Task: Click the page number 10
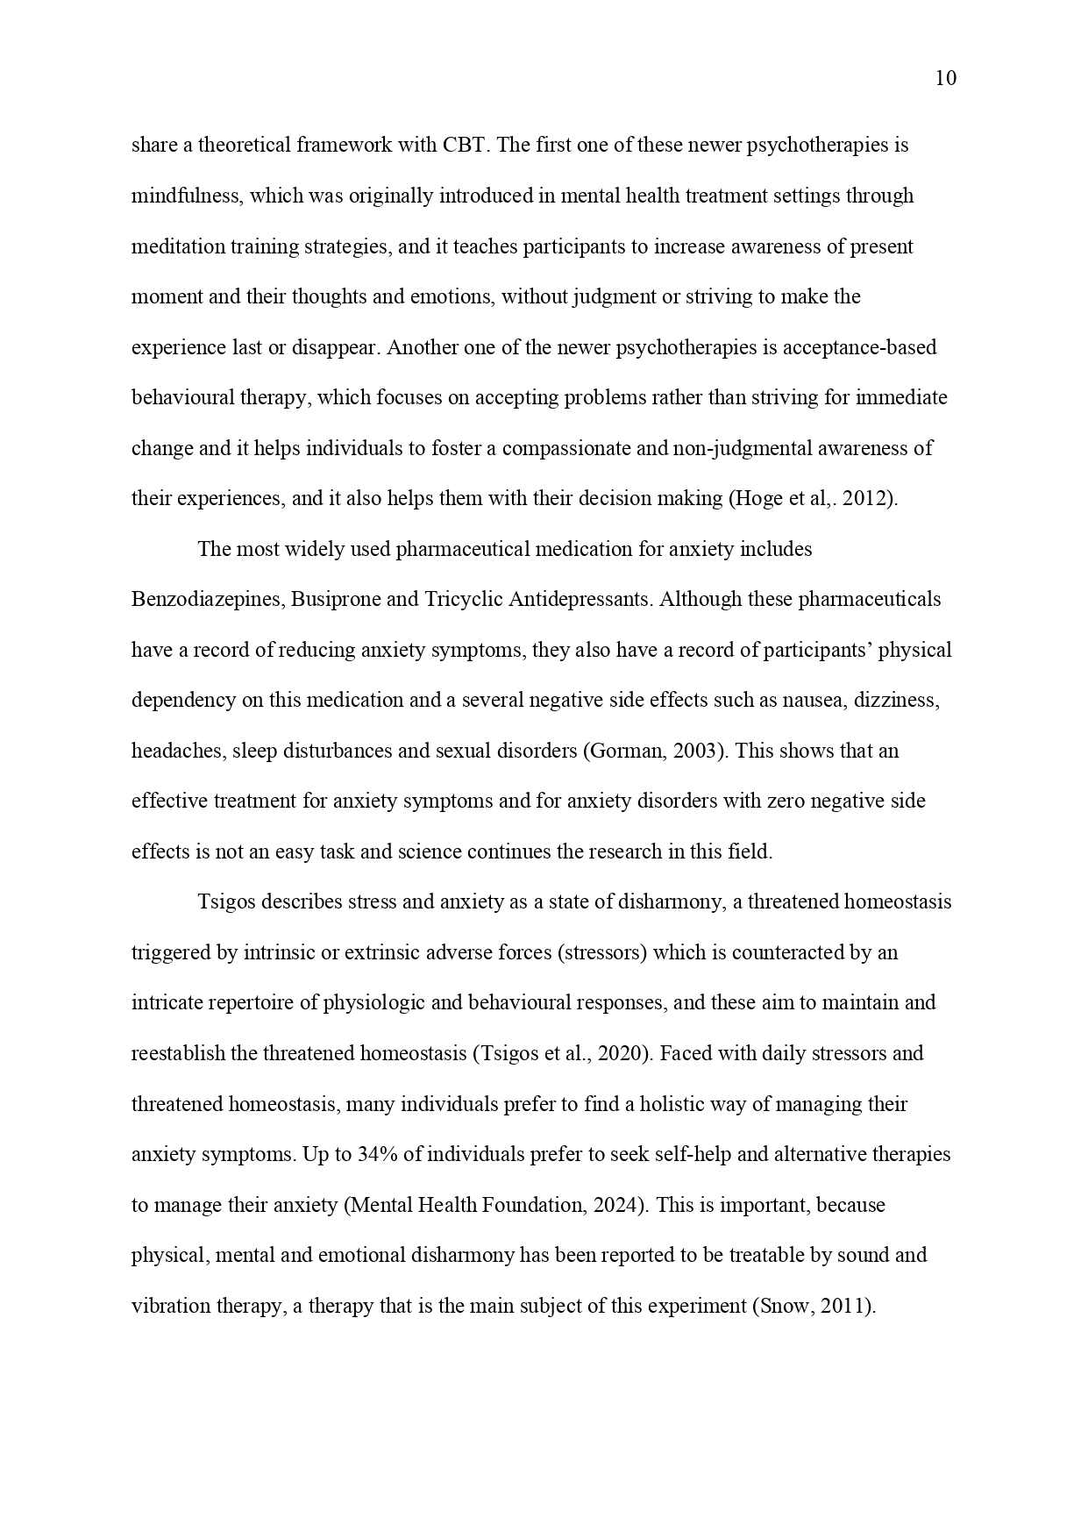946,79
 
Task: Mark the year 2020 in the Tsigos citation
620,1053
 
